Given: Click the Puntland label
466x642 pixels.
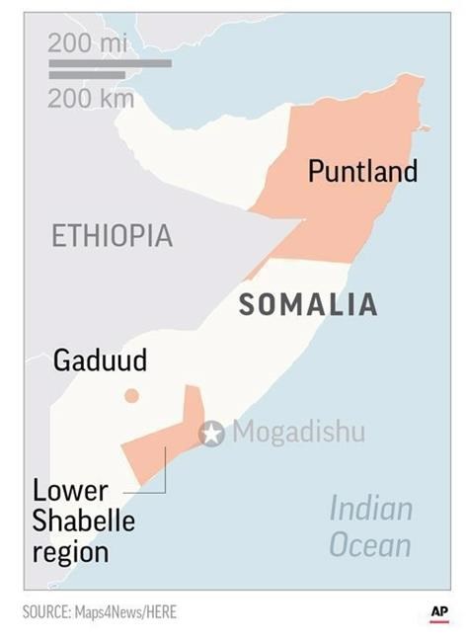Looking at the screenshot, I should (x=362, y=172).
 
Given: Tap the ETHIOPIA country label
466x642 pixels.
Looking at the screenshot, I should (x=112, y=236).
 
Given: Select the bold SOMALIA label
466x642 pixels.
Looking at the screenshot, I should (x=308, y=305).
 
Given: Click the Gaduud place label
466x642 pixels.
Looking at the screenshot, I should (x=100, y=361).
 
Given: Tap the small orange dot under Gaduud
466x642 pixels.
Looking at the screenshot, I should (x=131, y=396).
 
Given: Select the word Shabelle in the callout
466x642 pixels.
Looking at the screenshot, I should (x=84, y=521).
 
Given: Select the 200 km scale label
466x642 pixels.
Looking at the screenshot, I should (x=91, y=99).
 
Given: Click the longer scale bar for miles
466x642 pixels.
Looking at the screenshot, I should (x=110, y=63).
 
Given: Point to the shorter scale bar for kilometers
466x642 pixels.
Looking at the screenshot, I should (x=87, y=75).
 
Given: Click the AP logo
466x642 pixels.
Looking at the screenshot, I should (x=439, y=612).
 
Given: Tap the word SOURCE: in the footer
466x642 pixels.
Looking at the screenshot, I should (x=46, y=612).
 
